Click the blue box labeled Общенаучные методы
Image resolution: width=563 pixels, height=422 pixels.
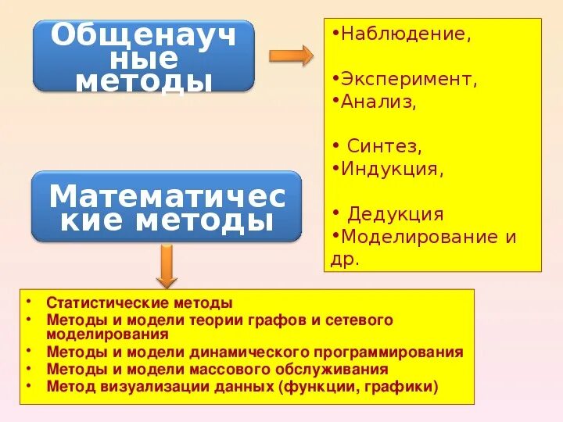coord(144,56)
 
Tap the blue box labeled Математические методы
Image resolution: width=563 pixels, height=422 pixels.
coord(167,207)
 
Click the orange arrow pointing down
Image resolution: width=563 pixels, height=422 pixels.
coord(165,265)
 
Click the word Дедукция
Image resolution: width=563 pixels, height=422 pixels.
coord(396,214)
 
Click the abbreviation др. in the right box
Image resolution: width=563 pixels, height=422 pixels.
coord(345,259)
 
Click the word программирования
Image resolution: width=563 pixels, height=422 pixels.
coord(390,352)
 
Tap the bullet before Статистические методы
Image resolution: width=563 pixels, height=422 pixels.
coord(28,302)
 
